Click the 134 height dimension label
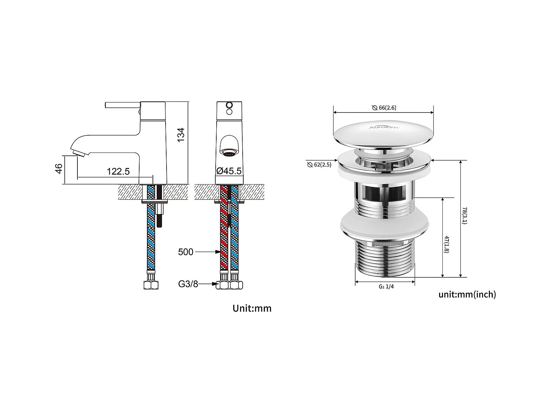[x=181, y=134]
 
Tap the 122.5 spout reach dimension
[x=118, y=171]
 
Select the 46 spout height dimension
[x=59, y=168]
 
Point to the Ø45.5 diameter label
[x=229, y=171]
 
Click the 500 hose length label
[x=186, y=252]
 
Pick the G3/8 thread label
[x=188, y=284]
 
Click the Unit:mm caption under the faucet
[x=252, y=308]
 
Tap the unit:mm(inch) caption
[x=467, y=295]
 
